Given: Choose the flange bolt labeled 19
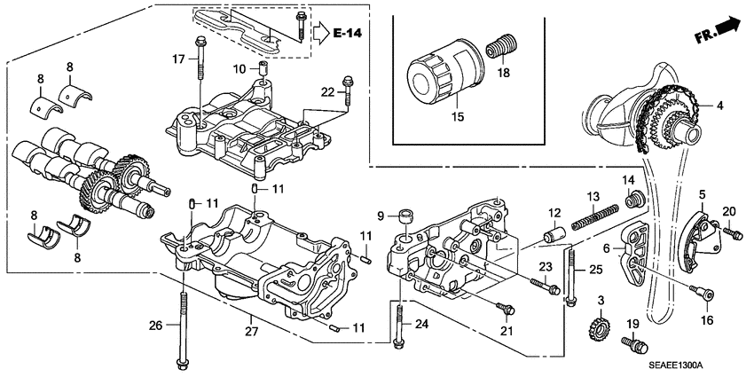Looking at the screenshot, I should (x=635, y=342).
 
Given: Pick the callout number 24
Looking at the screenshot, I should (x=420, y=324).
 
